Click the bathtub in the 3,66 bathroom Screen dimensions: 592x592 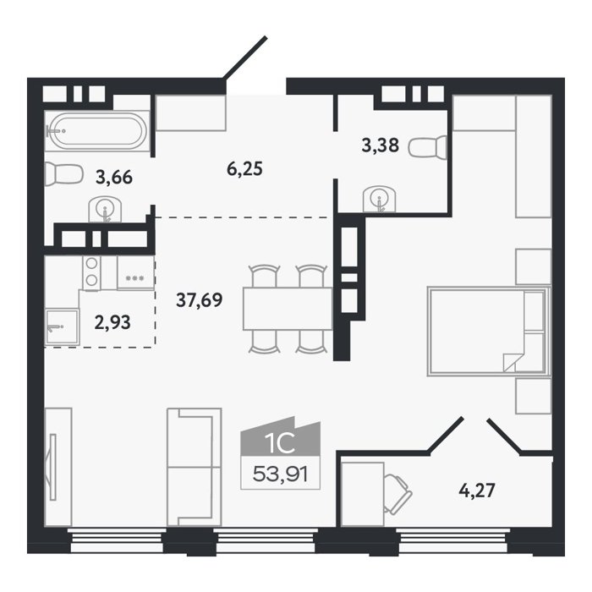pos(97,131)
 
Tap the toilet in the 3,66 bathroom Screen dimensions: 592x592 pos(63,174)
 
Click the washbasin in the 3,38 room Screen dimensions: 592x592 pos(380,200)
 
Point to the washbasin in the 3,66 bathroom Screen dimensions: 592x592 pos(106,210)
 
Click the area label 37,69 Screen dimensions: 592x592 pos(200,300)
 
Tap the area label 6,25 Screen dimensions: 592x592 pos(244,169)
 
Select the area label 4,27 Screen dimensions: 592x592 pos(476,491)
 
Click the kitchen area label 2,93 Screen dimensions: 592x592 pos(112,323)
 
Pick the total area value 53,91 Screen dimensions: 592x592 pos(281,474)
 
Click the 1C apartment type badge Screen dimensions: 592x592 pos(280,439)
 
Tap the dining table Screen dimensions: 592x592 pos(288,309)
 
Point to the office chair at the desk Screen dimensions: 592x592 pos(397,494)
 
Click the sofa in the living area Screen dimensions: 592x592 pos(194,467)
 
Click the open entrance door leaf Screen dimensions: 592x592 pos(245,58)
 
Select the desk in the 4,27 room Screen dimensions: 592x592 pos(363,494)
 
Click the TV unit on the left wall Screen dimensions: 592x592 pos(58,467)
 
